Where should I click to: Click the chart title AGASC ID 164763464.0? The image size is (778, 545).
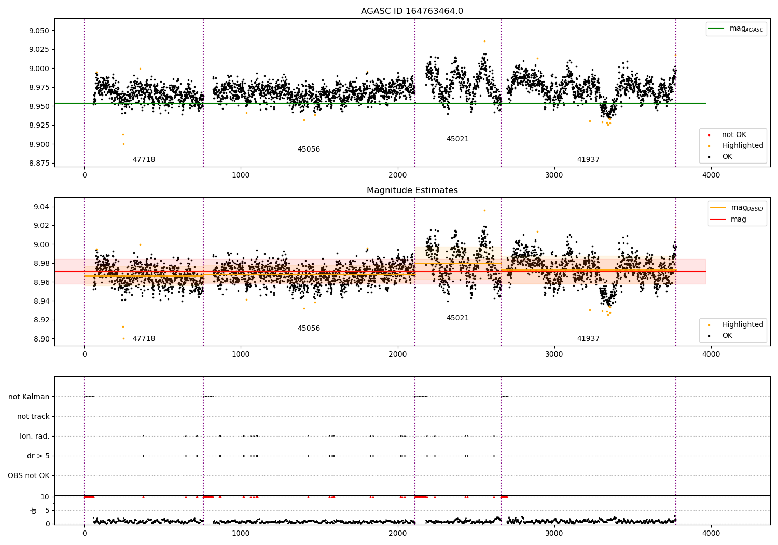412,11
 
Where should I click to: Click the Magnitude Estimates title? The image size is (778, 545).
412,190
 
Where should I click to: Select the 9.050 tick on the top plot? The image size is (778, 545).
39,31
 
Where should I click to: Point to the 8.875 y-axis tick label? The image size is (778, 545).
39,163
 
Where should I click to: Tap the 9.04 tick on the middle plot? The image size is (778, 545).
41,207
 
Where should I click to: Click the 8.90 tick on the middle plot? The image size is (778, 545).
41,339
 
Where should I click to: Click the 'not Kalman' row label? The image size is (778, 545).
29,397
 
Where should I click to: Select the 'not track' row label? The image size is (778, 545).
33,416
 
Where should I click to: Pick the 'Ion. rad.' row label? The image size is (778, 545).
35,436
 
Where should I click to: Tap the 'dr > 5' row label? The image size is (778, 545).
38,456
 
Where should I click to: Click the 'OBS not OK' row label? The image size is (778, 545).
29,475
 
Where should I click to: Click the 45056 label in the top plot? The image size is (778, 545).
309,149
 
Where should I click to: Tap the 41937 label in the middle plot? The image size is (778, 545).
588,339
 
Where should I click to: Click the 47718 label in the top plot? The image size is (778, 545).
144,160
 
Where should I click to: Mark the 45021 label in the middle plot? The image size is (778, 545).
457,318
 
